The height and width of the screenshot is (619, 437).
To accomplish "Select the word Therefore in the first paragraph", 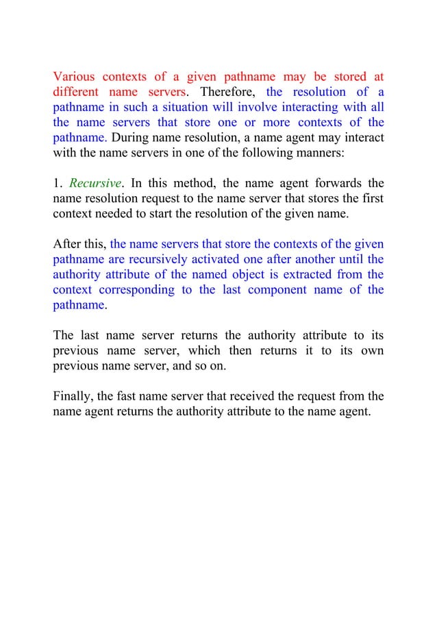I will [x=229, y=92].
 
